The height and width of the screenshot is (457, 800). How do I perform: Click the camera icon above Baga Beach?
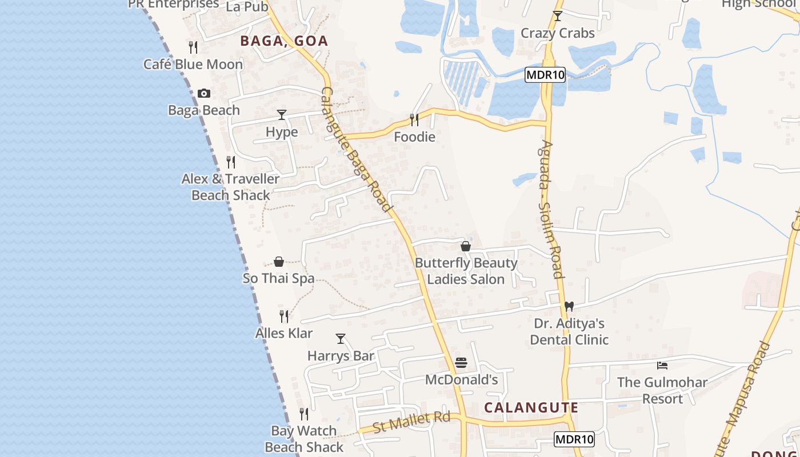(204, 93)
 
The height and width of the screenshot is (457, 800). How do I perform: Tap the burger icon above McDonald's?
(461, 363)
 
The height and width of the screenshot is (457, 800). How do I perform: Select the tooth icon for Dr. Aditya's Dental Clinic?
(569, 306)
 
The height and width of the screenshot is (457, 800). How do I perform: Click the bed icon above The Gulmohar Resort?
(662, 365)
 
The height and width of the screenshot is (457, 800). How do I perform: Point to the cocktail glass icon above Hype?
(281, 115)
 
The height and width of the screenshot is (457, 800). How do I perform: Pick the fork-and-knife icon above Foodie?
(414, 119)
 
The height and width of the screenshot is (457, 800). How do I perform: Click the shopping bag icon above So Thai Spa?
(279, 262)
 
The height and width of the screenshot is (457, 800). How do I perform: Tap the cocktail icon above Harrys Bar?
(341, 338)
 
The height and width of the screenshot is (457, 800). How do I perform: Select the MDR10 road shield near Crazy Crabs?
(545, 75)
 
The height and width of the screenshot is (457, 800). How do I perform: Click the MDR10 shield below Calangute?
(574, 439)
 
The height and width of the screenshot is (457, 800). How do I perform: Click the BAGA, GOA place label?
(284, 41)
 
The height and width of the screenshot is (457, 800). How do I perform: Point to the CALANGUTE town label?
(531, 407)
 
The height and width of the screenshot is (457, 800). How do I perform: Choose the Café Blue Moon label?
(193, 64)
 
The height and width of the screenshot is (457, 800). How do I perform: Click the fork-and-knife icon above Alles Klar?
(284, 316)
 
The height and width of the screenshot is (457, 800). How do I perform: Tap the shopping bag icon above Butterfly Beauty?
(466, 246)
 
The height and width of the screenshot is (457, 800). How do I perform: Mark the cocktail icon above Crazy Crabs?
(558, 16)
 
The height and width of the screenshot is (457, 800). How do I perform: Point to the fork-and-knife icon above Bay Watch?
(304, 414)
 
